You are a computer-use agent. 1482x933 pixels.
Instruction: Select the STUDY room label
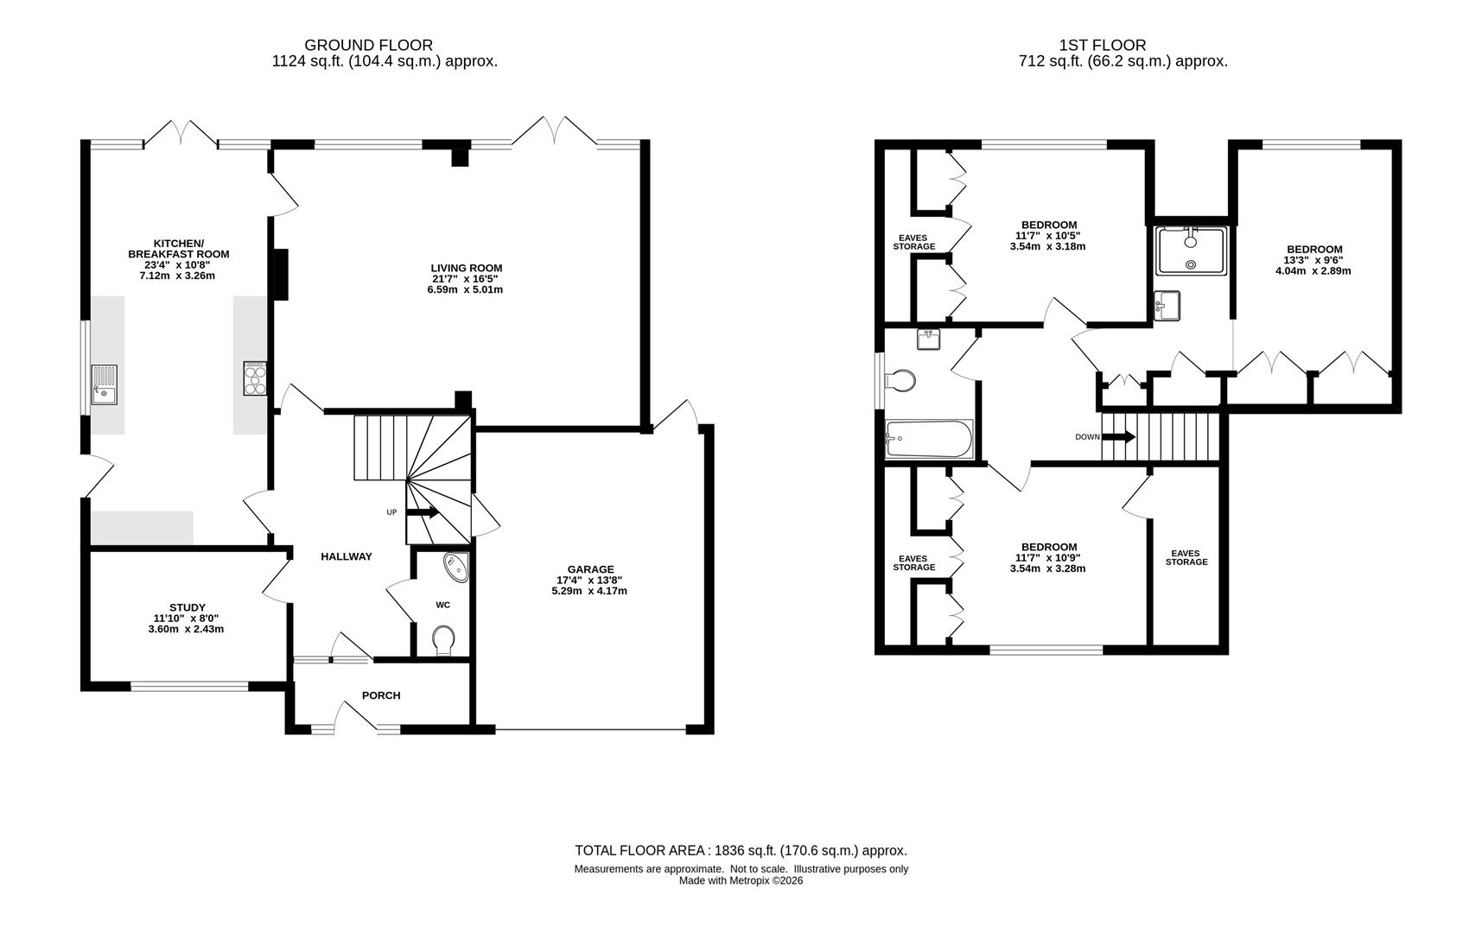pyautogui.click(x=188, y=608)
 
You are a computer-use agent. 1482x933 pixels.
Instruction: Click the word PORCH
pyautogui.click(x=381, y=695)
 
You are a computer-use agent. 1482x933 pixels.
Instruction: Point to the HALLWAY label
pyautogui.click(x=347, y=556)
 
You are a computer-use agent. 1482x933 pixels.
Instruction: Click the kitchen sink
pyautogui.click(x=104, y=385)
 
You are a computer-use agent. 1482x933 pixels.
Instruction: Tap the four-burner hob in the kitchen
pyautogui.click(x=255, y=378)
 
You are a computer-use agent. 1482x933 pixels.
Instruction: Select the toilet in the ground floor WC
pyautogui.click(x=444, y=641)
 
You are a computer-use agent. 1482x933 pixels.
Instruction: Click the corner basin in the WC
pyautogui.click(x=456, y=566)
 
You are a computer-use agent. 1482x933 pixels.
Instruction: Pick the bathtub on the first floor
pyautogui.click(x=929, y=439)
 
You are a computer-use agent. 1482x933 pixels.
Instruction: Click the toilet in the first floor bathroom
pyautogui.click(x=900, y=380)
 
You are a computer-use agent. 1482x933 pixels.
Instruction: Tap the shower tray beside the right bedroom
pyautogui.click(x=1192, y=251)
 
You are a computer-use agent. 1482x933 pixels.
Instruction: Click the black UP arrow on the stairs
pyautogui.click(x=423, y=512)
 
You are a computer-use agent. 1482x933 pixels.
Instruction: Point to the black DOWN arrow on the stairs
pyautogui.click(x=1119, y=437)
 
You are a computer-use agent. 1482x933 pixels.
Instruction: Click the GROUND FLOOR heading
pyautogui.click(x=369, y=45)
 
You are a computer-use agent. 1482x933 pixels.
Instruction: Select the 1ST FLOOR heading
pyautogui.click(x=1103, y=45)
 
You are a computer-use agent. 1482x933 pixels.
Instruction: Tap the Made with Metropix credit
pyautogui.click(x=741, y=881)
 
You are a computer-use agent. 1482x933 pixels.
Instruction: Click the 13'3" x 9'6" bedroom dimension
pyautogui.click(x=1313, y=260)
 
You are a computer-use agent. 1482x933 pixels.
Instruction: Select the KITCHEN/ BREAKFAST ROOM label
pyautogui.click(x=179, y=249)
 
